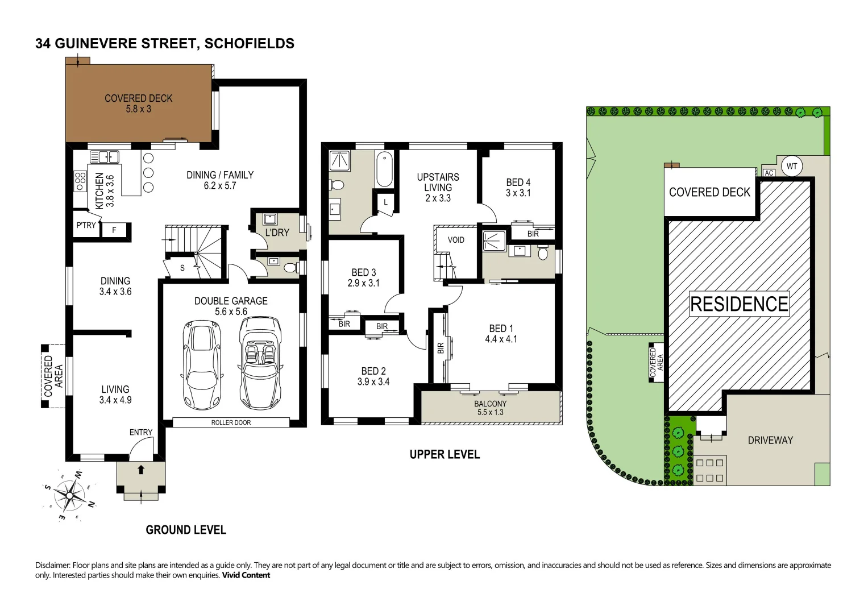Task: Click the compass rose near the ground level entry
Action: pos(69,495)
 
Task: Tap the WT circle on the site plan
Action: pos(792,167)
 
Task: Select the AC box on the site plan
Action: pos(769,173)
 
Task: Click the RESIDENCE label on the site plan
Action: pos(739,304)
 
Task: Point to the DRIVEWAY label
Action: pos(770,440)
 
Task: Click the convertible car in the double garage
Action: pos(260,362)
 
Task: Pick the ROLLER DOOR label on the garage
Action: pos(231,422)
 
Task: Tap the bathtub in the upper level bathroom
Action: pos(384,169)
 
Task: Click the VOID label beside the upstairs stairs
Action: pos(456,240)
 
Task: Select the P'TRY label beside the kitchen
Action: pos(86,225)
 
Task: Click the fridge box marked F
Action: pos(114,230)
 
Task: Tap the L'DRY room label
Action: pos(277,233)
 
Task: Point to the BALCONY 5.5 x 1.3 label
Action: pos(489,408)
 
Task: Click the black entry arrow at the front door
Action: pos(141,470)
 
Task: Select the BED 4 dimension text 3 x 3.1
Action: pos(518,193)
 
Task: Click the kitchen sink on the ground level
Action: pos(104,157)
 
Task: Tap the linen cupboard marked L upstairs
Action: pos(385,202)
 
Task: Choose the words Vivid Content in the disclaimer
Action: pos(246,575)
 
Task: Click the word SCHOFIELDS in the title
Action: pos(249,44)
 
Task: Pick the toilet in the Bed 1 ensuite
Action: pos(543,252)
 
